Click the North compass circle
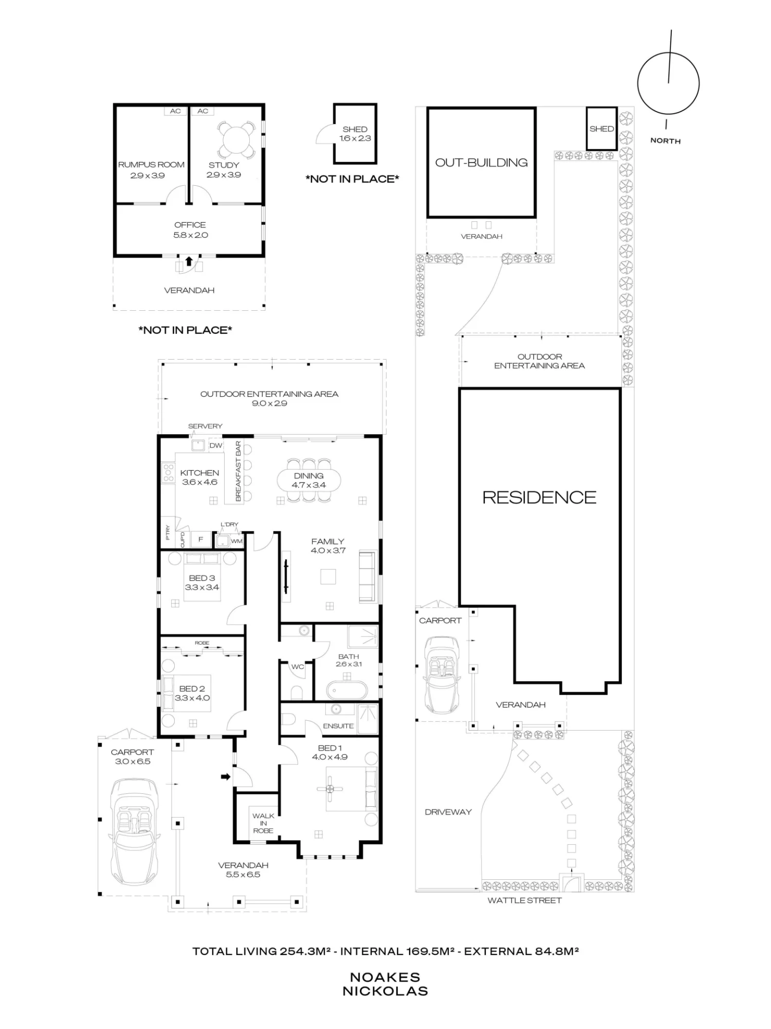pos(638,83)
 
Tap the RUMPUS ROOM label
pos(151,165)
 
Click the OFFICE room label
pos(190,225)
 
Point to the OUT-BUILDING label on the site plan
pos(482,163)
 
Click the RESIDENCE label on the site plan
pos(540,497)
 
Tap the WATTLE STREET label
pos(524,900)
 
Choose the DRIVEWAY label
pos(448,812)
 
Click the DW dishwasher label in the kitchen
pos(216,446)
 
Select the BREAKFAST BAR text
pos(238,471)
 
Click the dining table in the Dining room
pos(308,481)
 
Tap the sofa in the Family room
pos(367,576)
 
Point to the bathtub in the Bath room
pos(348,689)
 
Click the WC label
pos(298,667)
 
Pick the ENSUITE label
pos(338,726)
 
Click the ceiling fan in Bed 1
pos(330,788)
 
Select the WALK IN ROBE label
pos(263,823)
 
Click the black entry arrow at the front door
pos(226,776)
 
